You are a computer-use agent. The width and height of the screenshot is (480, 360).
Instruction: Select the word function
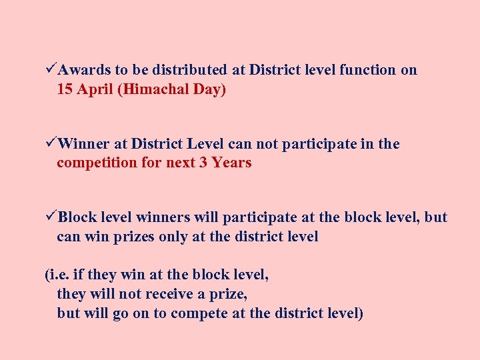(x=367, y=70)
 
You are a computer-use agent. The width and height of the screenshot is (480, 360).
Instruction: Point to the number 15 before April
(x=65, y=89)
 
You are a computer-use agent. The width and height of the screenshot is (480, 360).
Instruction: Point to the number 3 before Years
(x=203, y=163)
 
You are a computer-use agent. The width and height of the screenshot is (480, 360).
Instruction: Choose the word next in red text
(x=179, y=163)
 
